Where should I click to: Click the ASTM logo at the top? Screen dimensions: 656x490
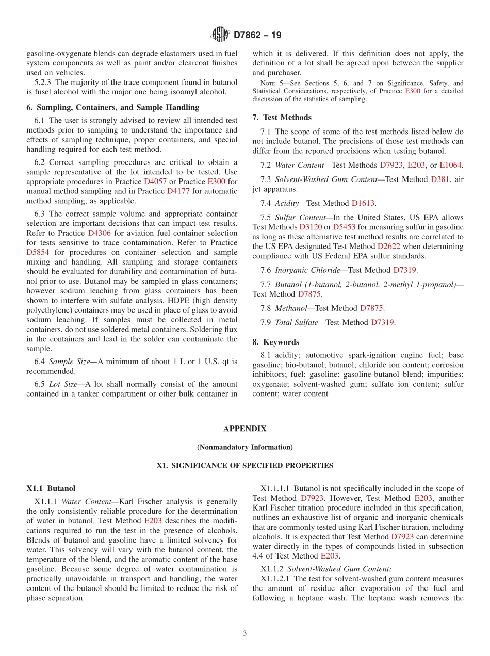pos(220,35)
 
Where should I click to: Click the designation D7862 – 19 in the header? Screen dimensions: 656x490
pos(257,35)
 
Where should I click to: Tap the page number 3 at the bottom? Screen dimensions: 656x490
pos(245,633)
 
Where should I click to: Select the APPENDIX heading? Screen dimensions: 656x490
pos(244,429)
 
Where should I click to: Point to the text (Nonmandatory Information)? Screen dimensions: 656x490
pos(244,447)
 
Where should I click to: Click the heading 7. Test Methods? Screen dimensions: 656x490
pos(282,118)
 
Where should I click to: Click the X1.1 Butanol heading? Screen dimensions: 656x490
pos(51,488)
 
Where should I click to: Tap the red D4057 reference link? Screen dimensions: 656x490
pos(155,182)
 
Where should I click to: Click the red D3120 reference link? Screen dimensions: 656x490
pos(310,227)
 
